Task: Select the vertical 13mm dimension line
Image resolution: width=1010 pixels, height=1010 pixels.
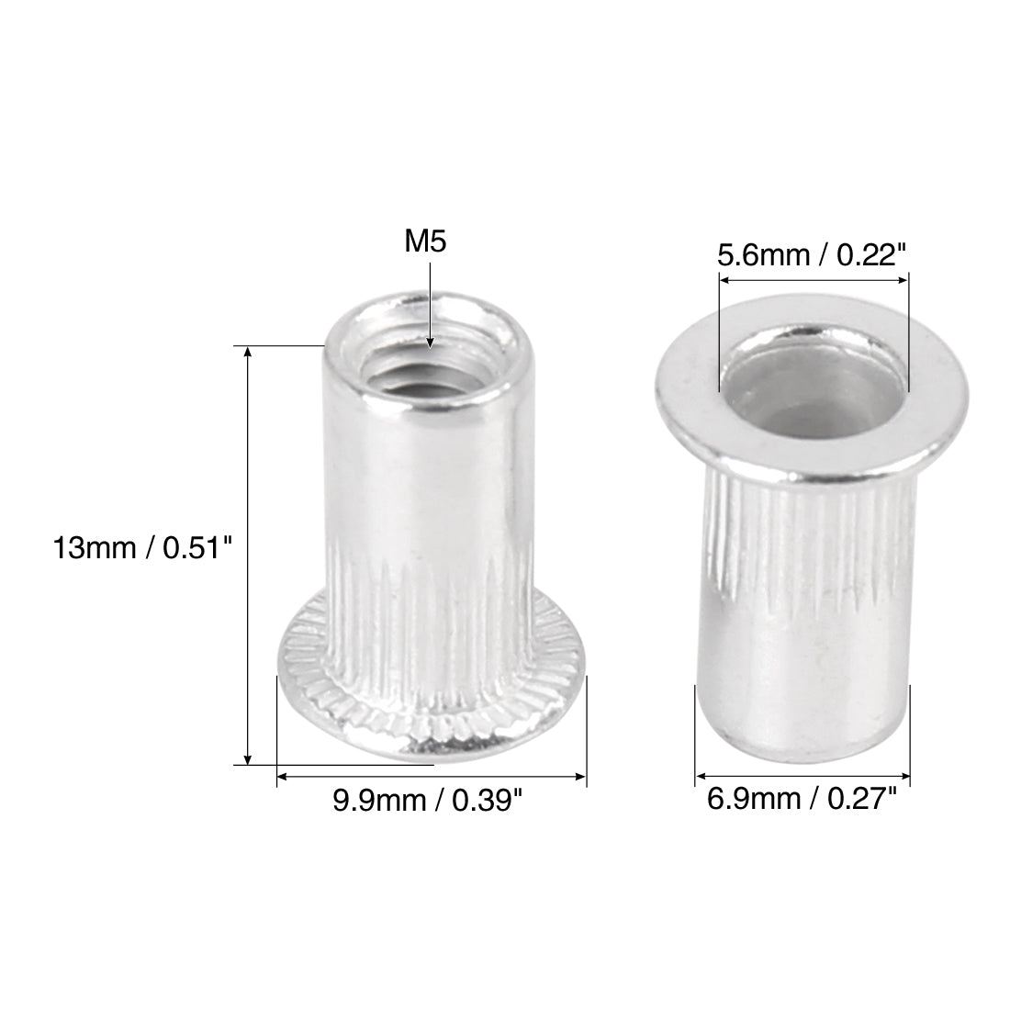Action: pyautogui.click(x=247, y=551)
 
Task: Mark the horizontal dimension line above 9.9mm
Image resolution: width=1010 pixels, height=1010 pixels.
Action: pyautogui.click(x=431, y=777)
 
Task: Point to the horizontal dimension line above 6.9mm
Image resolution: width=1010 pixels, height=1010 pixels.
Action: pyautogui.click(x=802, y=777)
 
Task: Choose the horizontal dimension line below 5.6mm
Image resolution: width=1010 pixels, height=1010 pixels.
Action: pyautogui.click(x=812, y=279)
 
